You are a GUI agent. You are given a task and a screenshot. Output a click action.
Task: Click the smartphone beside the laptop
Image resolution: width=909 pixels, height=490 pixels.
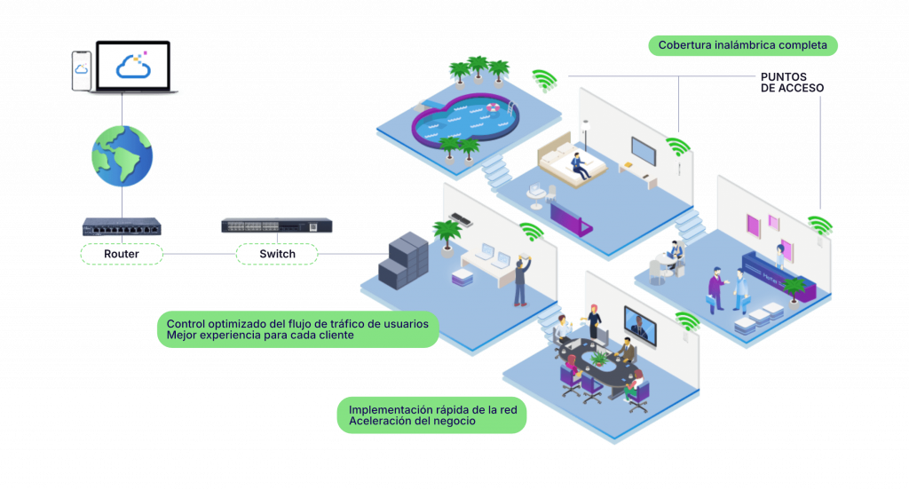[82, 71]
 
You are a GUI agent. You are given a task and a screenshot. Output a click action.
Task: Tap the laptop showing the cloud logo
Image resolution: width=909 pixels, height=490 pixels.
[134, 67]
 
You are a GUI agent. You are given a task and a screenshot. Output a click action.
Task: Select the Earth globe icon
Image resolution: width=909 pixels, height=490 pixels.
[122, 156]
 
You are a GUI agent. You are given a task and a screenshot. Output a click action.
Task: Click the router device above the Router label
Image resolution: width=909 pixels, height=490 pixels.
[121, 226]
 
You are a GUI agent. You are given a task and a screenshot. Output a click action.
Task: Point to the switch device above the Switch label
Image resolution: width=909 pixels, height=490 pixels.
[276, 225]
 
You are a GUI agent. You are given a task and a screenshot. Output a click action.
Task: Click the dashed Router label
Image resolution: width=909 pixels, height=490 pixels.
[122, 254]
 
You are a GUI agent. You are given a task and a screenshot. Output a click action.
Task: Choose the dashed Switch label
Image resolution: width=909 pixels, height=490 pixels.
[276, 255]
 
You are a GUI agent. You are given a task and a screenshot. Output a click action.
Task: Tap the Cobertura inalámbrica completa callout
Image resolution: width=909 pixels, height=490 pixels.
[742, 44]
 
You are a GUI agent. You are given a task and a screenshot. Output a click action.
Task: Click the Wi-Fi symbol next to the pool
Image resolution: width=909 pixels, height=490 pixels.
[543, 81]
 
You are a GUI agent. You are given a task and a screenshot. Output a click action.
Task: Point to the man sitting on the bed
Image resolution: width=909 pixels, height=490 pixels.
[580, 166]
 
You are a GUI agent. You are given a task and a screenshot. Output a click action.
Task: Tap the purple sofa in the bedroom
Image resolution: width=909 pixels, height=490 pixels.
[571, 217]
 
